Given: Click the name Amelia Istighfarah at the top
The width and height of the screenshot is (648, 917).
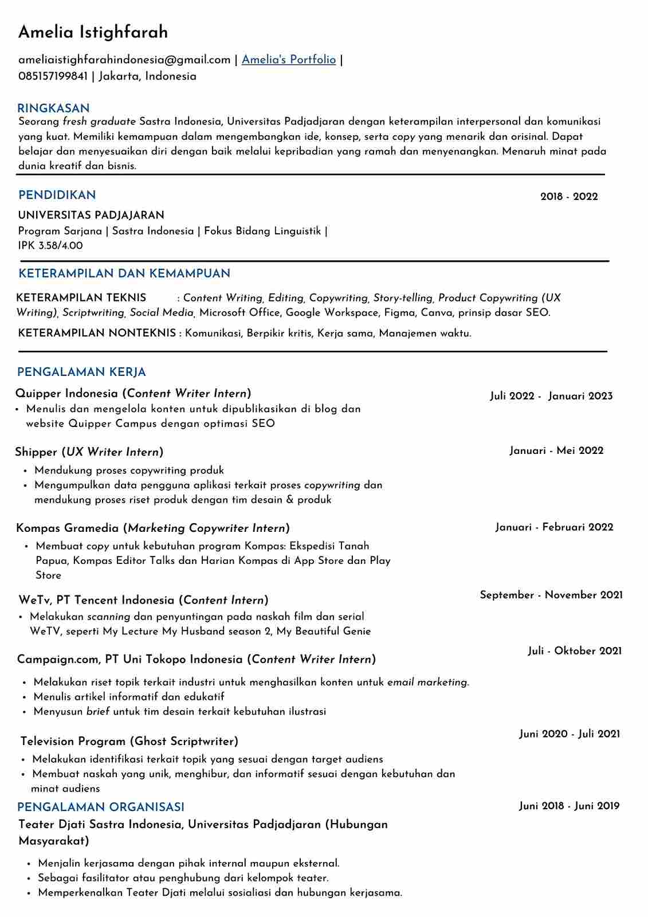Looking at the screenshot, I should pyautogui.click(x=93, y=32).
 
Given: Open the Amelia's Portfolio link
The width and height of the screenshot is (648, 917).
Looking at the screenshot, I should pyautogui.click(x=288, y=60).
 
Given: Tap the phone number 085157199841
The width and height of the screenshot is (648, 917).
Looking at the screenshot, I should pyautogui.click(x=53, y=76).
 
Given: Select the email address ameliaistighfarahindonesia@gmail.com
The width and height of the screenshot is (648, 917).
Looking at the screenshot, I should pyautogui.click(x=124, y=60).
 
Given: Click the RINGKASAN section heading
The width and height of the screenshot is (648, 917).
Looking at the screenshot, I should pyautogui.click(x=53, y=108).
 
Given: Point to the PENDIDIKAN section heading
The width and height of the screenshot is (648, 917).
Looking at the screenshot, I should pyautogui.click(x=57, y=195).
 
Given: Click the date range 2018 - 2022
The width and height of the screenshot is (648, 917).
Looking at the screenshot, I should pyautogui.click(x=569, y=197).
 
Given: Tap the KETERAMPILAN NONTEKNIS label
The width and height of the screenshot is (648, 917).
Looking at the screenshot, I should pyautogui.click(x=97, y=333).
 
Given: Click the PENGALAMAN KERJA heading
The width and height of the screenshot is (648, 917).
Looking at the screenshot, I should pyautogui.click(x=81, y=372).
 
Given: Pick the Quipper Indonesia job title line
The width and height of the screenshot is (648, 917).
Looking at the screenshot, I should pyautogui.click(x=133, y=393).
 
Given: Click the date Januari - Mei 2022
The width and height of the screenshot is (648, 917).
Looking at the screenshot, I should pyautogui.click(x=556, y=450).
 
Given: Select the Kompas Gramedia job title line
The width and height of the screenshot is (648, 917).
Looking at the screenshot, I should pyautogui.click(x=152, y=528).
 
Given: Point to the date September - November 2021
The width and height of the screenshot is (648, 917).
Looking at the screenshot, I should pyautogui.click(x=551, y=595).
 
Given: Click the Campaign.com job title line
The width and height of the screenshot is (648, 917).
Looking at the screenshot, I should pyautogui.click(x=196, y=659).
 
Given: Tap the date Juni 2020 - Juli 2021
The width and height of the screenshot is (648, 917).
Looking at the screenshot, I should pyautogui.click(x=570, y=734).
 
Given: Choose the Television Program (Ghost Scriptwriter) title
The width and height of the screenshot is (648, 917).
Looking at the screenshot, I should pyautogui.click(x=129, y=741).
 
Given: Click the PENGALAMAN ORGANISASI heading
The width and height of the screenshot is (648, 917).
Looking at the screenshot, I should pyautogui.click(x=101, y=807).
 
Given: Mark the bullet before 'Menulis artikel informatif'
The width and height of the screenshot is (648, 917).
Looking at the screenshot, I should pyautogui.click(x=25, y=697).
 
